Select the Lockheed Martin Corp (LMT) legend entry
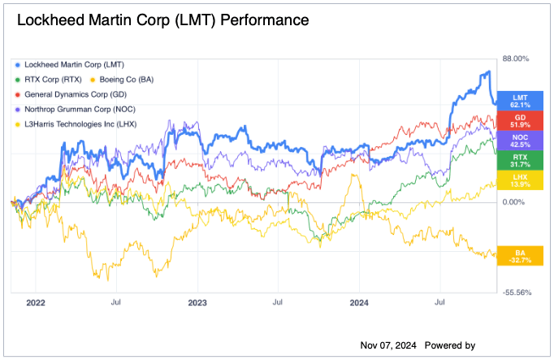[74, 64]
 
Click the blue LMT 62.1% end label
[521, 101]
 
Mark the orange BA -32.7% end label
[521, 257]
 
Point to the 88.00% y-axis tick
[517, 59]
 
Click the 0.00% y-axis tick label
[517, 202]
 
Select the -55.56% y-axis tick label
[517, 293]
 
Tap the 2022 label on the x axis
[36, 301]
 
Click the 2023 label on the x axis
[197, 301]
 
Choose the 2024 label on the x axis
[361, 301]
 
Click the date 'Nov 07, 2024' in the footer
[388, 345]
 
